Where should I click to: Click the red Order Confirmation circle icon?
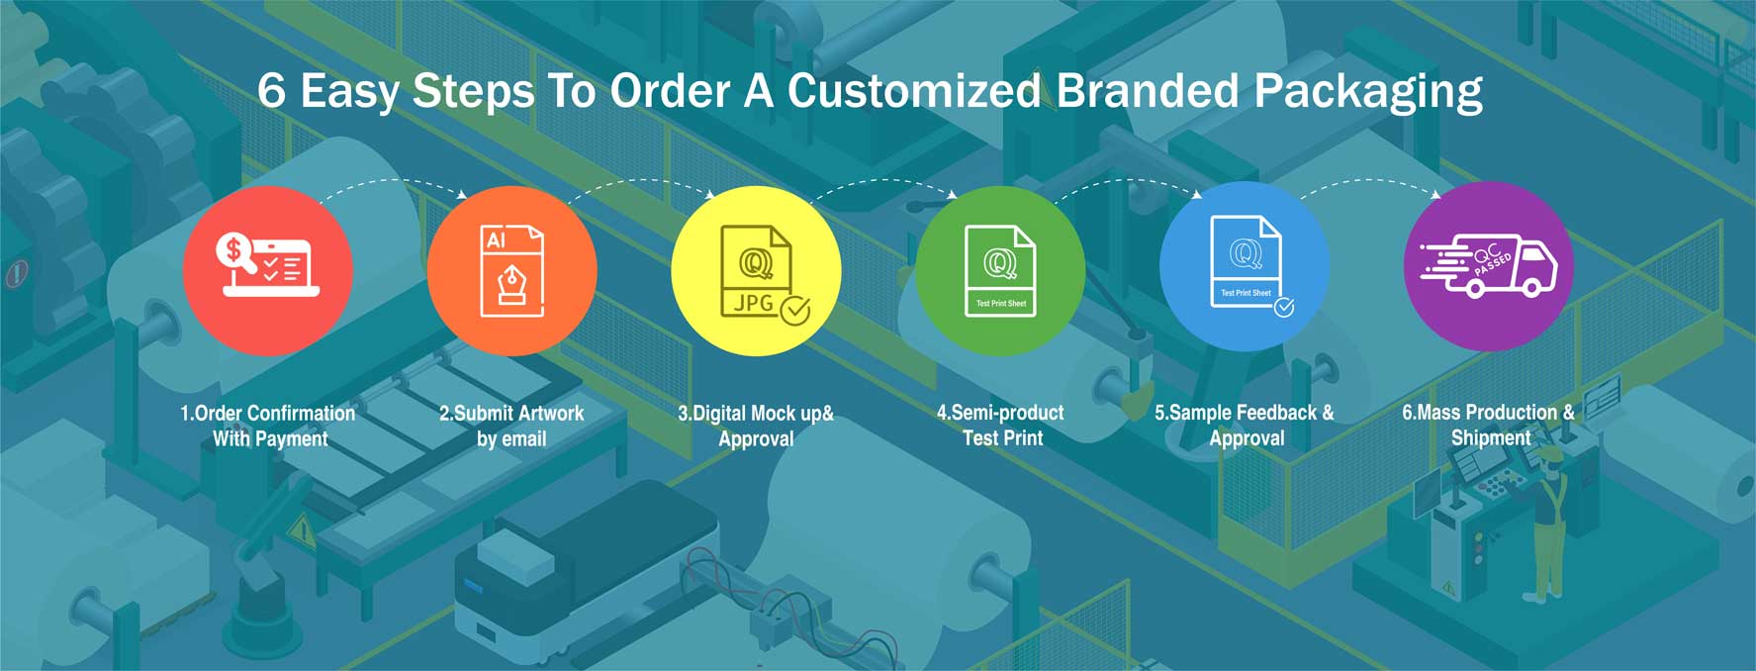(x=268, y=270)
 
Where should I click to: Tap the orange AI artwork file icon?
(x=512, y=270)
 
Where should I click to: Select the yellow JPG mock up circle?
(x=756, y=270)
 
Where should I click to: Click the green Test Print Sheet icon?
(x=1000, y=270)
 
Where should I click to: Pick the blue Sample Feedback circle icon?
(x=1245, y=266)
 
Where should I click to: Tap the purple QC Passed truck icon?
(x=1489, y=266)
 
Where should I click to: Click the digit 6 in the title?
(x=271, y=91)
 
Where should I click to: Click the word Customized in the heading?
(x=914, y=91)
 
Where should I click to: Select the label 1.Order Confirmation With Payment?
(x=268, y=426)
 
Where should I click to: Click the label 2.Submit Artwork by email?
(x=511, y=426)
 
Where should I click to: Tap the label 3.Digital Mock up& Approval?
(x=756, y=426)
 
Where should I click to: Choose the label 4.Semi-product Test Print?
(x=1001, y=425)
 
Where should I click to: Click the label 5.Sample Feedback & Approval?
(x=1245, y=425)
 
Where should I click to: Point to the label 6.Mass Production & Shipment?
(x=1489, y=425)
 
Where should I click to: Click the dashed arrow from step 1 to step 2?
(x=394, y=180)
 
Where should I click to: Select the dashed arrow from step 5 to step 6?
(x=1370, y=180)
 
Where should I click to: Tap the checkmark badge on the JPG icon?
(x=795, y=310)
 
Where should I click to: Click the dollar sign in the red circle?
(x=234, y=249)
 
